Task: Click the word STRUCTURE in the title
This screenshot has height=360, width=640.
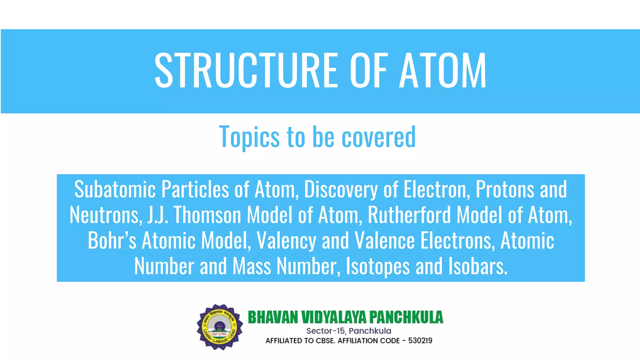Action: coord(246,71)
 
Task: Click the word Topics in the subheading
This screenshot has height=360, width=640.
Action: coord(249,137)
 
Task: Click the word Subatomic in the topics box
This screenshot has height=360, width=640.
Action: coord(115,189)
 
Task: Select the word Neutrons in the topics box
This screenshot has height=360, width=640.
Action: coord(104,215)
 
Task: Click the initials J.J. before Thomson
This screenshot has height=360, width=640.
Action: coord(157,215)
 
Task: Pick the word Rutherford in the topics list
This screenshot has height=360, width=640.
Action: coord(409,215)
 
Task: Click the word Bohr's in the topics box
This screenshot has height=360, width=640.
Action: coord(112,241)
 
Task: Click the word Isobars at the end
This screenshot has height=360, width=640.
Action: coord(478,266)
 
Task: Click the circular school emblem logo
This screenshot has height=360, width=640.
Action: coord(220,327)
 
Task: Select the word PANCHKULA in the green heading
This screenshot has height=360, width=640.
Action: coord(406,317)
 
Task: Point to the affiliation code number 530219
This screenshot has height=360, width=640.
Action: coord(420,341)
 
